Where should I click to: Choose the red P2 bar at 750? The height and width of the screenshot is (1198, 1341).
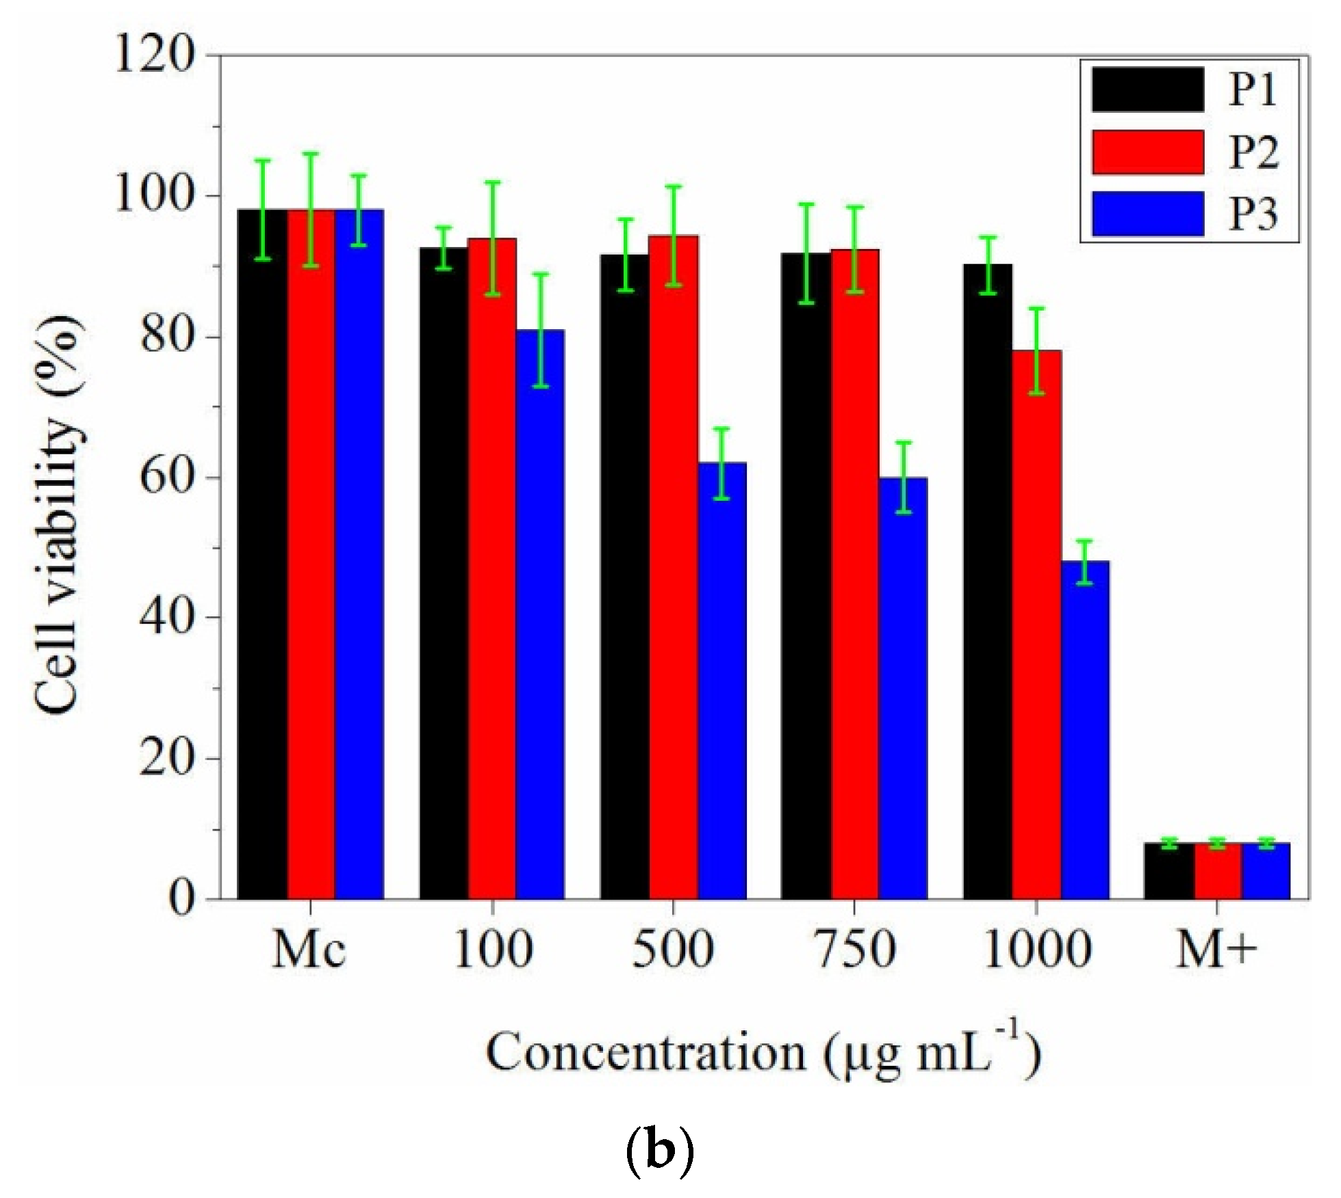pos(855,574)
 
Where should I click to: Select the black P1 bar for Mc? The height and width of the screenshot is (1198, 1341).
pos(261,554)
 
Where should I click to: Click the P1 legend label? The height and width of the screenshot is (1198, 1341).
pos(1252,90)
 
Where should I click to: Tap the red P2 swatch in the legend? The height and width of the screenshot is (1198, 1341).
pos(1147,152)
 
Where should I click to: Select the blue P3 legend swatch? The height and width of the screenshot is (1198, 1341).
pos(1147,213)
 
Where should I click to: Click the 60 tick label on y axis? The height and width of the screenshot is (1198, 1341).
pos(164,478)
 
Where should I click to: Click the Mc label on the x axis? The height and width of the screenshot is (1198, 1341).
pos(309,950)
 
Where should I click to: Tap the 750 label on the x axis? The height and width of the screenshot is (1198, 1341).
pos(855,950)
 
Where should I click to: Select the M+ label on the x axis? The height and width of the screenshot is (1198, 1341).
pos(1216,950)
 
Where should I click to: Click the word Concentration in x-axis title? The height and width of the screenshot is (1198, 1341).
pos(646,1052)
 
